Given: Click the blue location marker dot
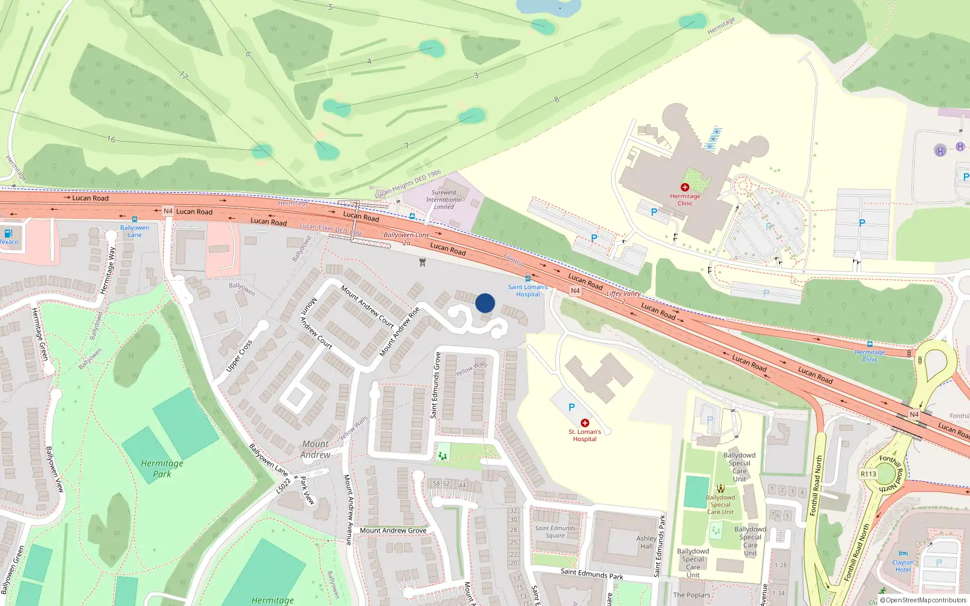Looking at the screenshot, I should point(485,303).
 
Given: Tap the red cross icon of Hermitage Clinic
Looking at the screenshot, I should point(685,187).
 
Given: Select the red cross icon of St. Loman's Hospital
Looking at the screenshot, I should point(585,423).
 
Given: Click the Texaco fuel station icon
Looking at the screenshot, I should point(8,233).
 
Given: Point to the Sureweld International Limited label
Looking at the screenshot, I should point(444,199).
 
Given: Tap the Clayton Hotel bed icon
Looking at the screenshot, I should point(903,554).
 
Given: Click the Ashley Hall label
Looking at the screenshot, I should point(646,542).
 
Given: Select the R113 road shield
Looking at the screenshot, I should point(868,474).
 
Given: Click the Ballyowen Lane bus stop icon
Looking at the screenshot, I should point(135,219).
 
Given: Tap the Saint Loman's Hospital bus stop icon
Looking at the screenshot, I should point(528,279).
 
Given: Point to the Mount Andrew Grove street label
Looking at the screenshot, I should point(393,530).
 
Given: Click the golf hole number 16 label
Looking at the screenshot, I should point(111,139).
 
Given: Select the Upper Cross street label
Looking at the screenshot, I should point(239,356).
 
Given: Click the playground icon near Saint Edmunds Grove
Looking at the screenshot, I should point(443,454).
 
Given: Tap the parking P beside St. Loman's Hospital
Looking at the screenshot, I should point(572,407).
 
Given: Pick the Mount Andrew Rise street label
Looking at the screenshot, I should point(400,331).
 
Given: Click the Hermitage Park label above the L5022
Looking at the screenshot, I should point(162,468).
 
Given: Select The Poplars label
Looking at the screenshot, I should point(691,595).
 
